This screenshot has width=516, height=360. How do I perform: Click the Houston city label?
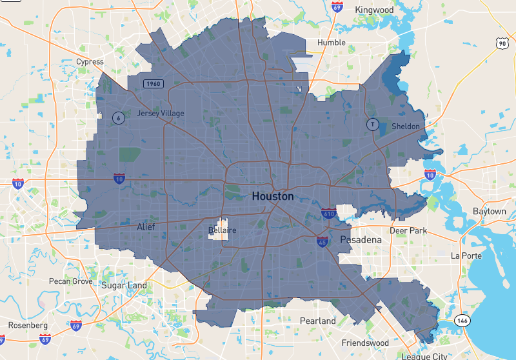[272, 196]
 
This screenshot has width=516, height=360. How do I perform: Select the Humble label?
[331, 43]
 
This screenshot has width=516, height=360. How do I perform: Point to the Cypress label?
[90, 62]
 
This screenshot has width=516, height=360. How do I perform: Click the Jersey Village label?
[161, 114]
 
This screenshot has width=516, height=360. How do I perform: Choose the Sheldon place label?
[405, 126]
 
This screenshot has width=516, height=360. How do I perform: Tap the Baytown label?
[489, 212]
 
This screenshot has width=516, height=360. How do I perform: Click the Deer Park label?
[408, 230]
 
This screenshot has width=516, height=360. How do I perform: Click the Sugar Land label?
[124, 285]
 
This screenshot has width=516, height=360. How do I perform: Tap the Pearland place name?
[318, 321]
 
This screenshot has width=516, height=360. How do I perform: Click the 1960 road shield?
[153, 84]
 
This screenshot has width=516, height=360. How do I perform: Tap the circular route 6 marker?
[118, 117]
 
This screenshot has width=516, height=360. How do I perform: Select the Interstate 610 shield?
[329, 213]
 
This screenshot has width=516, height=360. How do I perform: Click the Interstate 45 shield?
[321, 241]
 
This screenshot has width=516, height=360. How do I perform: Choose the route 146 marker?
[461, 321]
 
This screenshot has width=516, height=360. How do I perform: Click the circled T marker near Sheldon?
[372, 124]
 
